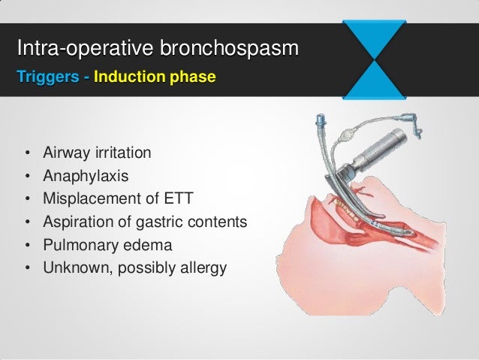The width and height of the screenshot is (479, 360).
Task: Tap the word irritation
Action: [x=122, y=154]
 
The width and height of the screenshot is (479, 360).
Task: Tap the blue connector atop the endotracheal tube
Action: [x=323, y=121]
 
